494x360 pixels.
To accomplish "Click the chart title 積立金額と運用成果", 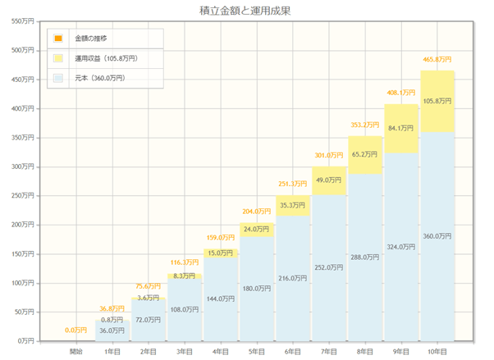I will [246, 11].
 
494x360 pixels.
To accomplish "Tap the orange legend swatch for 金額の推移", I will [57, 39].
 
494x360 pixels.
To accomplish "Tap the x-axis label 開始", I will [76, 351].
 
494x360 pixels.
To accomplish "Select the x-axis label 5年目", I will [257, 351].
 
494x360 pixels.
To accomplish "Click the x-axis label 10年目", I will [437, 351].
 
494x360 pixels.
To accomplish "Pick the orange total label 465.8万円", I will [437, 60].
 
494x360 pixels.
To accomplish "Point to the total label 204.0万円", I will [257, 212].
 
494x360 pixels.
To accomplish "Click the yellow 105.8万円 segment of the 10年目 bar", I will [437, 101].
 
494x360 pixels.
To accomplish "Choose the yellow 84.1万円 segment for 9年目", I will [401, 128].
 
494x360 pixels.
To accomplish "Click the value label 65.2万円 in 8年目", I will [365, 154].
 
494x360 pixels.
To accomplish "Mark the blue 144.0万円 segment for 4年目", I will [221, 299].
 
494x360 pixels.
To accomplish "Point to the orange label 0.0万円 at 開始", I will [76, 330].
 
